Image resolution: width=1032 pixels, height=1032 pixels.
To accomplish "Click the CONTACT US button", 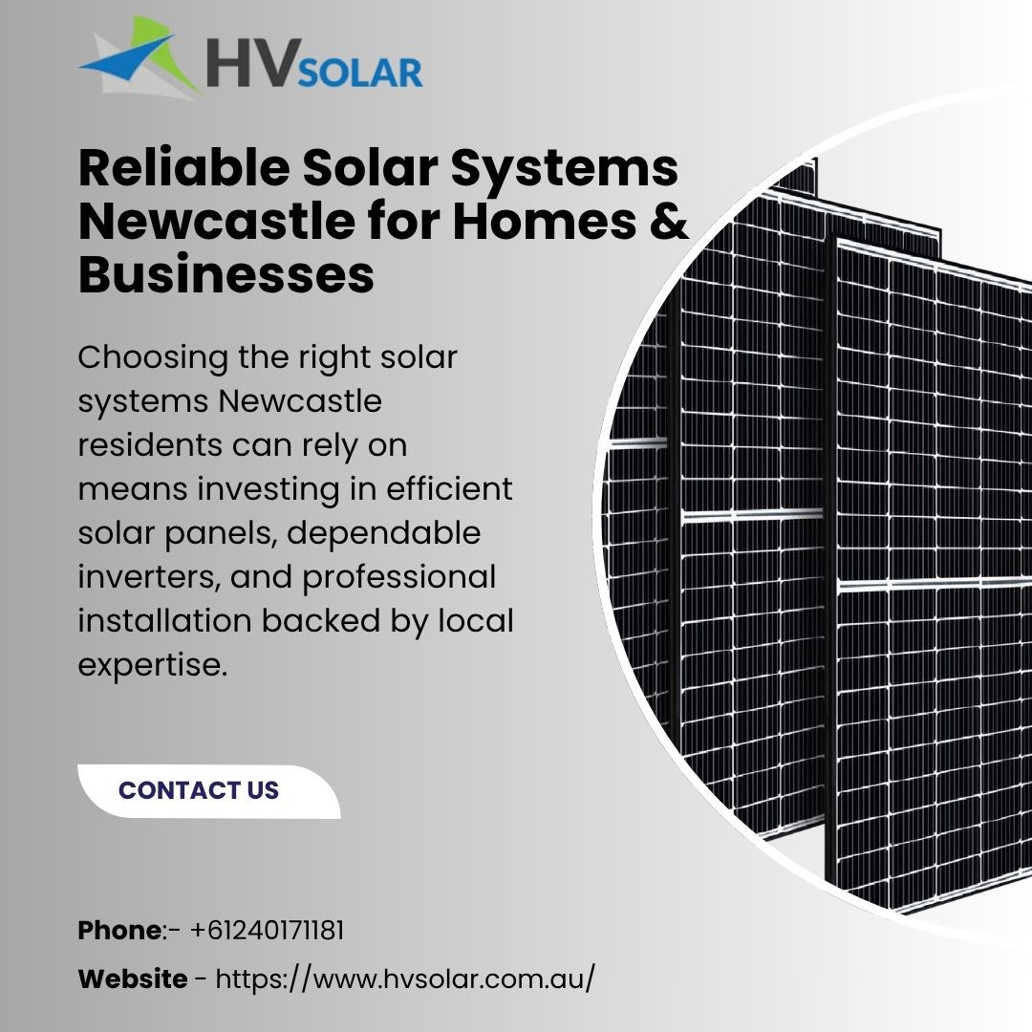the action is [208, 791].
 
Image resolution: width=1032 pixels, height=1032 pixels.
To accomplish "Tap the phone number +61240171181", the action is [267, 931].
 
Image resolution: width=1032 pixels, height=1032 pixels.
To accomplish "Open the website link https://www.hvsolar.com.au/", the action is [405, 978].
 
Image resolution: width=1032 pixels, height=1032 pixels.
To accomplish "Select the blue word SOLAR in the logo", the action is [360, 73].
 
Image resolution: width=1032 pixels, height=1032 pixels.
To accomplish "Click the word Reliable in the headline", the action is [183, 168].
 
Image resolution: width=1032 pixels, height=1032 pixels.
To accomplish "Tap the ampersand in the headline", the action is [672, 221].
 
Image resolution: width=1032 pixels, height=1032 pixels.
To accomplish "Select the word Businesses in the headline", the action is [226, 274].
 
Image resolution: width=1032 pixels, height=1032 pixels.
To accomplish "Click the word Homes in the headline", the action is [545, 221].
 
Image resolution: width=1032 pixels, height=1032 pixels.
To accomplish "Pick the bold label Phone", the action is [119, 931].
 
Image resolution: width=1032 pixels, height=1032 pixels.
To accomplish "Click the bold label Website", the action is [132, 978].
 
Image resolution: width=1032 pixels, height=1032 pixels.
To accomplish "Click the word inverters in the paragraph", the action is [148, 577].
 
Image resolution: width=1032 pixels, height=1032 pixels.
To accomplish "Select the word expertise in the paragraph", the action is [153, 666].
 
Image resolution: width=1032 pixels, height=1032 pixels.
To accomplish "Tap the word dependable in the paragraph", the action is [384, 533].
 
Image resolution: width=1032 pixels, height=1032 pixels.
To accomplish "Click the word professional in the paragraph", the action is [398, 578].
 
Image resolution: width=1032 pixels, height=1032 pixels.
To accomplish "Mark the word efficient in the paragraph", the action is [449, 489].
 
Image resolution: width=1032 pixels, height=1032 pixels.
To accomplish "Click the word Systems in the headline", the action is [564, 169].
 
